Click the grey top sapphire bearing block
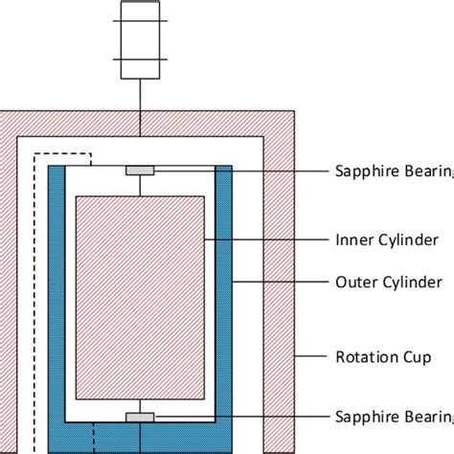pyautogui.click(x=141, y=170)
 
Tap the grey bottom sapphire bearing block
pyautogui.click(x=141, y=417)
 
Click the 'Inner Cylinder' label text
pyautogui.click(x=387, y=238)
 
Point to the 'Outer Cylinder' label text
pyautogui.click(x=388, y=282)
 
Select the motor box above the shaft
pyautogui.click(x=141, y=39)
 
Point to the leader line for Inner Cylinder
pyautogui.click(x=263, y=238)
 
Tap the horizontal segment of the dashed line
pyautogui.click(x=67, y=152)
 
